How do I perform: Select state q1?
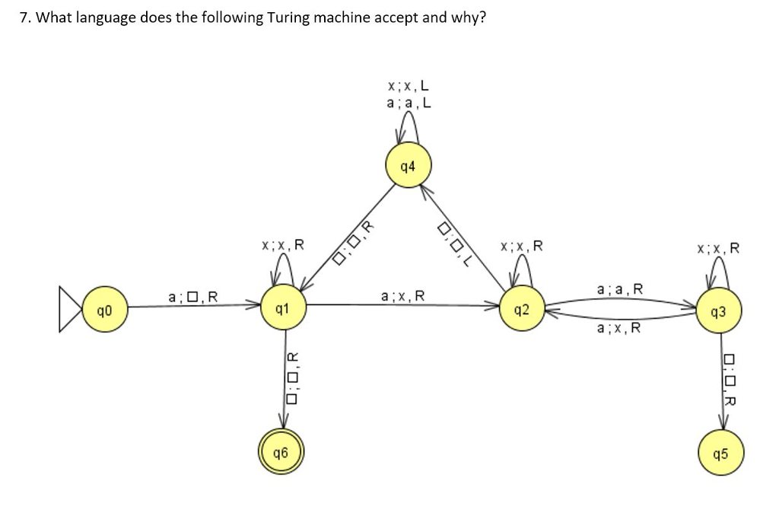click(x=281, y=310)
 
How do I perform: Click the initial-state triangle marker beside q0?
click(x=70, y=310)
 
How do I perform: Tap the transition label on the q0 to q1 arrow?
click(x=193, y=295)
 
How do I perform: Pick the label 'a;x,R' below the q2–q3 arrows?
click(x=619, y=328)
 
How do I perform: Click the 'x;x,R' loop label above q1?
click(x=282, y=245)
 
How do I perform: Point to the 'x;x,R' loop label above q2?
click(x=522, y=246)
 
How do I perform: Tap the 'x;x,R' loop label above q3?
click(x=717, y=247)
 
